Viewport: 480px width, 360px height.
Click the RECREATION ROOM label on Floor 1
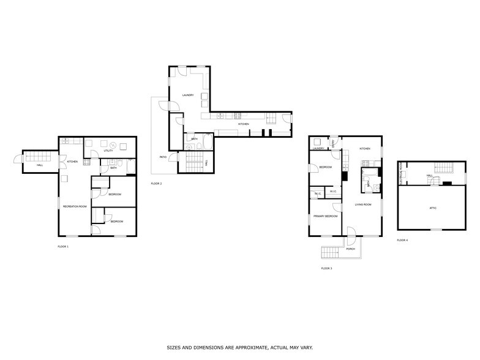(x=75, y=206)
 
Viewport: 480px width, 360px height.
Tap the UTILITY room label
(x=108, y=150)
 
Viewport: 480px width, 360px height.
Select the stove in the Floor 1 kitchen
(x=86, y=162)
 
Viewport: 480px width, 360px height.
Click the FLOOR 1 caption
(x=63, y=246)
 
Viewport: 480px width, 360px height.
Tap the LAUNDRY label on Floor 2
(x=188, y=95)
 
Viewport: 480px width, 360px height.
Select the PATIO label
(x=163, y=157)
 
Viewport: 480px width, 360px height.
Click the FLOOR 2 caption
(x=157, y=184)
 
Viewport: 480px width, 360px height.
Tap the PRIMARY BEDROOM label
(x=323, y=216)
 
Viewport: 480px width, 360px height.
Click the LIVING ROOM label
(x=364, y=204)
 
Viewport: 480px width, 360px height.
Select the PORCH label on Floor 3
(x=351, y=249)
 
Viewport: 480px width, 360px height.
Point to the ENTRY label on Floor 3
(x=332, y=143)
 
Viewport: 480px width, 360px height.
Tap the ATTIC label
(x=432, y=208)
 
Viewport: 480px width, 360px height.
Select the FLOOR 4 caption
(x=402, y=240)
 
